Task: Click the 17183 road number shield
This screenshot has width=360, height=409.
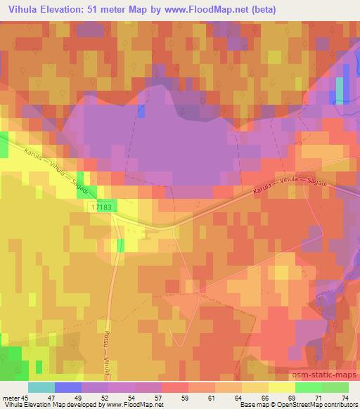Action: coord(101,208)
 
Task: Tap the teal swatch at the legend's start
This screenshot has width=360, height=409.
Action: coord(41,387)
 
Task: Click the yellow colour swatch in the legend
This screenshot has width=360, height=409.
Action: coord(281,387)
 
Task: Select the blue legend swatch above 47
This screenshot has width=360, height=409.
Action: coord(68,387)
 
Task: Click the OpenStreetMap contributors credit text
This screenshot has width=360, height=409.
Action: coord(321,405)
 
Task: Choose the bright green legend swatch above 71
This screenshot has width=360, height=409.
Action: coord(308,387)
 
